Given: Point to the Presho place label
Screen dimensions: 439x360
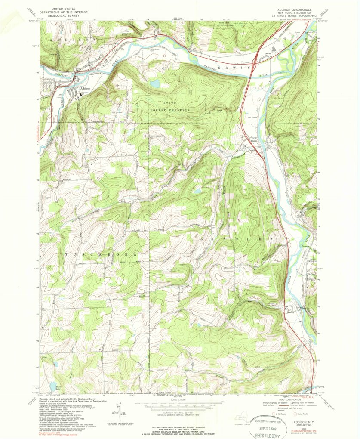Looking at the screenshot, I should (249, 140).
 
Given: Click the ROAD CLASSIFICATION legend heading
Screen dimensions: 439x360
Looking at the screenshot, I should (285, 399).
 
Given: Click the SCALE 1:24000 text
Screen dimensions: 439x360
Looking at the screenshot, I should (180, 400).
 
